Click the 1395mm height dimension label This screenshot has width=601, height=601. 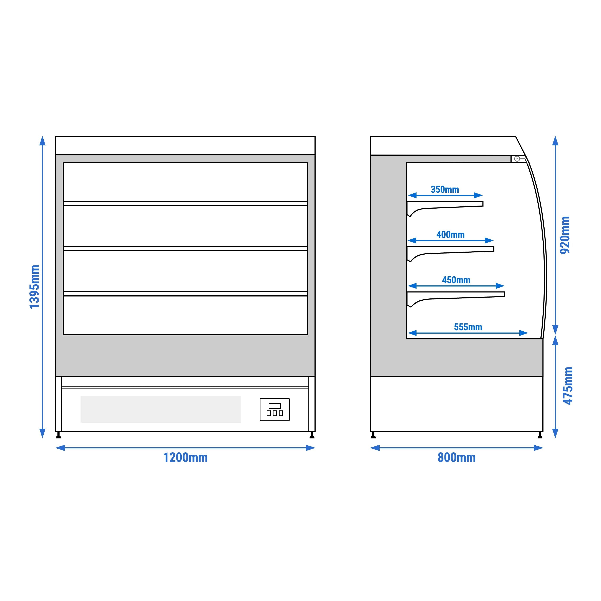[x=35, y=287]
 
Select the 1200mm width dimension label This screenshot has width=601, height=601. [x=185, y=458]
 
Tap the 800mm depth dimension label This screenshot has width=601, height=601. [x=456, y=458]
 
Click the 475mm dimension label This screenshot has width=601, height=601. [x=568, y=386]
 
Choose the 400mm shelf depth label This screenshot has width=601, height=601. [x=450, y=235]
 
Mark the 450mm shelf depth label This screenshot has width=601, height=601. [x=456, y=280]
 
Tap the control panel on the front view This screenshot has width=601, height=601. [x=275, y=410]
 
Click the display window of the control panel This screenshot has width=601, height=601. [x=275, y=406]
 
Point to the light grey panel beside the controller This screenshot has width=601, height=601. [x=161, y=409]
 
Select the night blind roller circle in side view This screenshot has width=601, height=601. [x=517, y=159]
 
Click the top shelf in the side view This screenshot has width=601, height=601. [x=445, y=204]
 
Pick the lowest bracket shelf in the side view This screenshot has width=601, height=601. [x=456, y=295]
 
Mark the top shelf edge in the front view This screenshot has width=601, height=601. [x=185, y=203]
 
